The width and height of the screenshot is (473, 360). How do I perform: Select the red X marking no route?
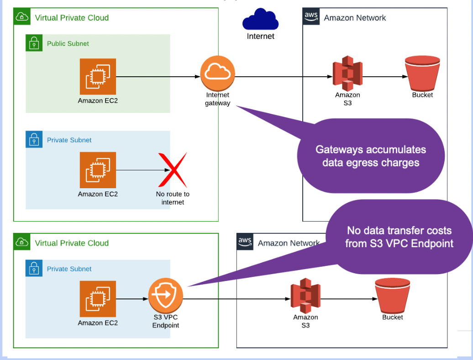(x=173, y=170)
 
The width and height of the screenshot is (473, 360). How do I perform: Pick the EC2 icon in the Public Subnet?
(x=98, y=76)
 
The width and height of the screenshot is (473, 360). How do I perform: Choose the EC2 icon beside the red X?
(x=98, y=170)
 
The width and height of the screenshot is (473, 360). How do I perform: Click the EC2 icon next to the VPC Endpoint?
(x=98, y=299)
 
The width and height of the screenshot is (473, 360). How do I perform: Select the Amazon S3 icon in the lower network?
(x=305, y=298)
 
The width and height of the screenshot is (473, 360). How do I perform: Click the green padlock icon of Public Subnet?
(x=33, y=44)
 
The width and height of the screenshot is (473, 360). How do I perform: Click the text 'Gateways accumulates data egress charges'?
(x=370, y=156)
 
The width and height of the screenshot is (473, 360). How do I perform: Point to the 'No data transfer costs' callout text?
(x=399, y=237)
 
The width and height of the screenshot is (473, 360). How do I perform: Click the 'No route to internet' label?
(x=173, y=198)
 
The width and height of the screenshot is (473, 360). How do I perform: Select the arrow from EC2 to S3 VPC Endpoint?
(x=132, y=299)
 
